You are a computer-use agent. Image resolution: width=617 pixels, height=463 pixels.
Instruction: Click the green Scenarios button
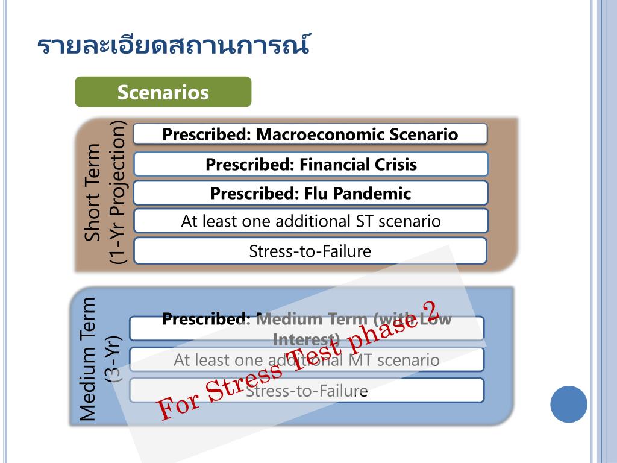(163, 92)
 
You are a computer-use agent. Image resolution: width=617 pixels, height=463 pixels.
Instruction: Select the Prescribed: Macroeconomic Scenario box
(310, 134)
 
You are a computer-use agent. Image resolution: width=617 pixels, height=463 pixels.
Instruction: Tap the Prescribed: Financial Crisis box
(310, 164)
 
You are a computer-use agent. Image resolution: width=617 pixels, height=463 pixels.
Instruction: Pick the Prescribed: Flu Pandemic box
(310, 193)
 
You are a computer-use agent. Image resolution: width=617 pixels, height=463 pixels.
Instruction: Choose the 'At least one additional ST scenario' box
(310, 221)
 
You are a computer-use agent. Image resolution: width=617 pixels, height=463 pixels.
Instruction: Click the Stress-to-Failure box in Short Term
(310, 251)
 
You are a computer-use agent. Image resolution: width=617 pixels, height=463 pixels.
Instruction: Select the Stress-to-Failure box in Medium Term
(307, 391)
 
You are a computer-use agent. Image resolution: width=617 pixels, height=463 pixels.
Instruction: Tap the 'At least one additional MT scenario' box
(307, 360)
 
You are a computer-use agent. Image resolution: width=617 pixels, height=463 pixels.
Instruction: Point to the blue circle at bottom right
(568, 404)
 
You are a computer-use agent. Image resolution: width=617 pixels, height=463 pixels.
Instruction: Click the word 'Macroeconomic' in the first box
(316, 134)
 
